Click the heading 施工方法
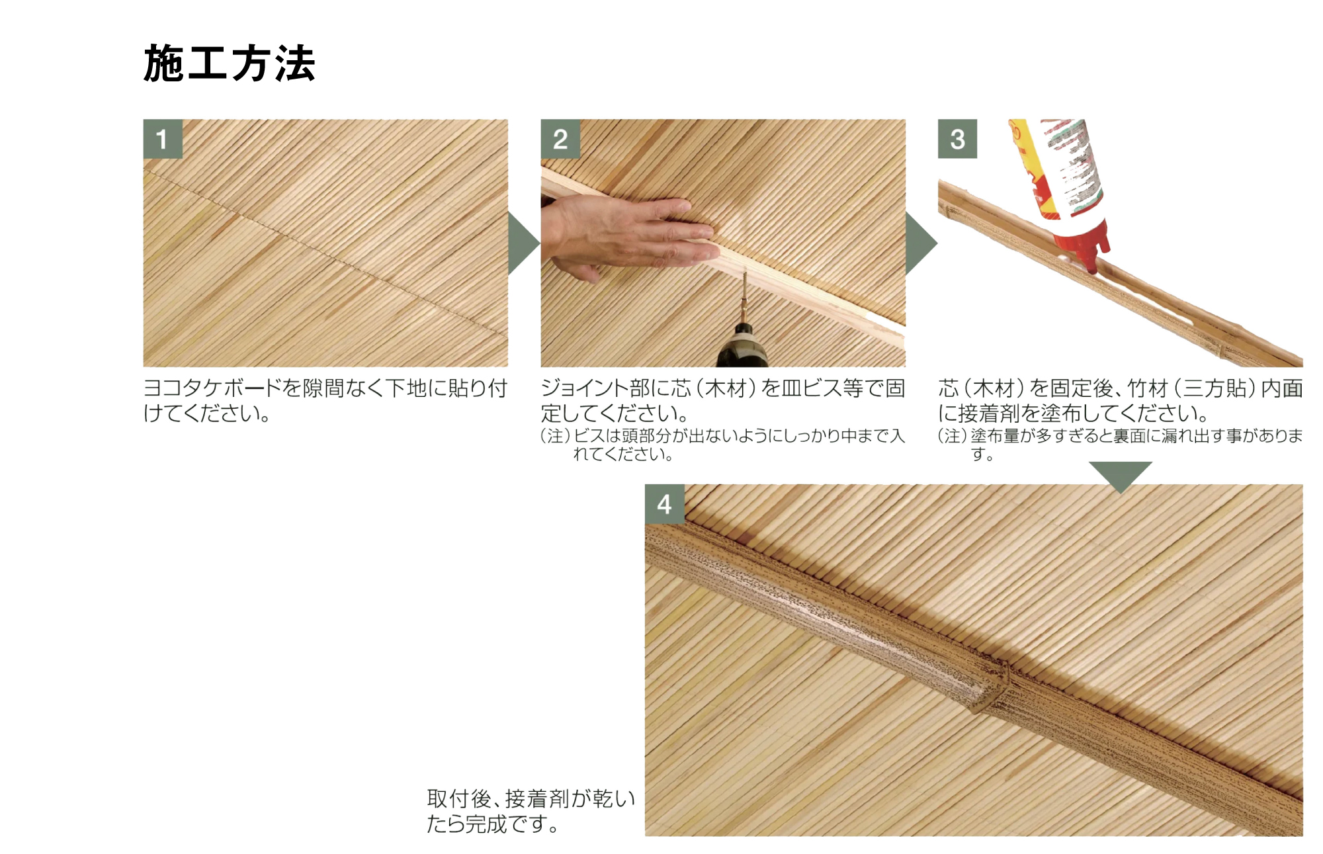[229, 64]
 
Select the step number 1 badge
[163, 139]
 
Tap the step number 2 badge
[560, 139]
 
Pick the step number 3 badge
[957, 139]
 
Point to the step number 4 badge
[664, 504]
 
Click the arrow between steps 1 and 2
[523, 243]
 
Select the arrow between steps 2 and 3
[920, 243]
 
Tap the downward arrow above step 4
[1121, 475]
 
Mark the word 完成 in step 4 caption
[486, 824]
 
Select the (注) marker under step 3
[953, 436]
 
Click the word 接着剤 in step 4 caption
[536, 799]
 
